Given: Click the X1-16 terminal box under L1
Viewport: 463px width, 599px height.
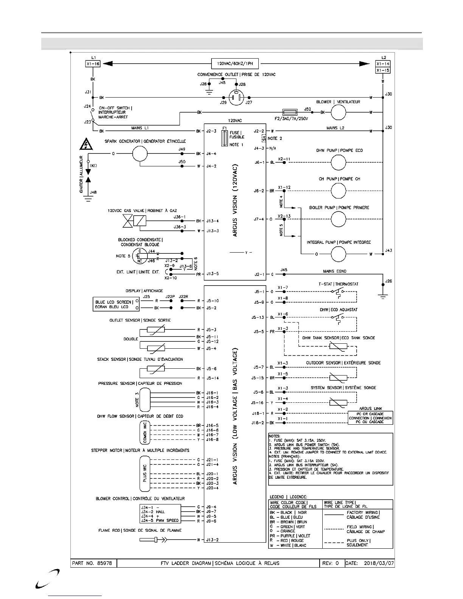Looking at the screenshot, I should [x=93, y=64].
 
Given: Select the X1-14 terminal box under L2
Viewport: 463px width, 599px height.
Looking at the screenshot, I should [x=383, y=64].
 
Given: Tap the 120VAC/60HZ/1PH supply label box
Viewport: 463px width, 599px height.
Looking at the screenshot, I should [x=235, y=64].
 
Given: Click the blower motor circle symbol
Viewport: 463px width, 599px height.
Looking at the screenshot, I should [x=339, y=112].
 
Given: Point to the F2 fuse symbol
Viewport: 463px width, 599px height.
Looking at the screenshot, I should [x=292, y=112].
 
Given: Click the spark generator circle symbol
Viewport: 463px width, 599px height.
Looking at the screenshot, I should [x=140, y=154].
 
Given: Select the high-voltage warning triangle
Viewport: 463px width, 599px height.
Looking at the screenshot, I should [x=87, y=144].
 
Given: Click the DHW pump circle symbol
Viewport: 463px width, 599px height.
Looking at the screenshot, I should [x=339, y=162].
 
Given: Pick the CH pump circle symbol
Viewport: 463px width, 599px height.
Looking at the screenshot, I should [x=339, y=191].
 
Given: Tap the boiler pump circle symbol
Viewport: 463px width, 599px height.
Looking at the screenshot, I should [x=339, y=219].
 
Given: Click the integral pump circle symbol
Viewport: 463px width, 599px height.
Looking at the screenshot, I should [x=339, y=254].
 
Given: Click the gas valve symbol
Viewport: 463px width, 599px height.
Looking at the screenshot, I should [x=135, y=220].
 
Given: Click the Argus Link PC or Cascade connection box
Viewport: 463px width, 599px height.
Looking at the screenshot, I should [x=370, y=418].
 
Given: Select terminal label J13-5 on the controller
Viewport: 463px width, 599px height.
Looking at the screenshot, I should [x=212, y=274].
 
